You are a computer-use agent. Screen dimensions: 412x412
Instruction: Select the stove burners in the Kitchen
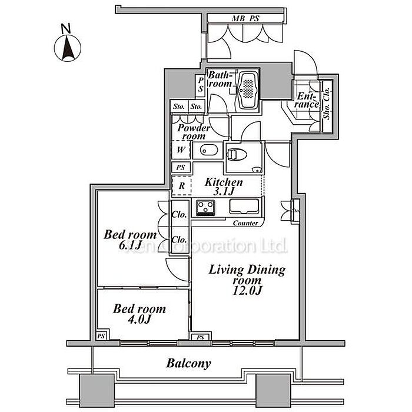207,207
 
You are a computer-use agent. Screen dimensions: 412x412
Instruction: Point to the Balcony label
188,363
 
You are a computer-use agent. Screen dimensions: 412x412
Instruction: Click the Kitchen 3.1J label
224,187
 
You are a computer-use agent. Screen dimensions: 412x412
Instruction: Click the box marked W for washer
180,150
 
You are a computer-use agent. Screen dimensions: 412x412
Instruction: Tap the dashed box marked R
181,185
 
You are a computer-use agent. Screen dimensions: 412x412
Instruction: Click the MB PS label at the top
245,18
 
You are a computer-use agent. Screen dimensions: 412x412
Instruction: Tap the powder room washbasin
206,151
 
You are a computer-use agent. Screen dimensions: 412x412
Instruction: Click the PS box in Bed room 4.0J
101,336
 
